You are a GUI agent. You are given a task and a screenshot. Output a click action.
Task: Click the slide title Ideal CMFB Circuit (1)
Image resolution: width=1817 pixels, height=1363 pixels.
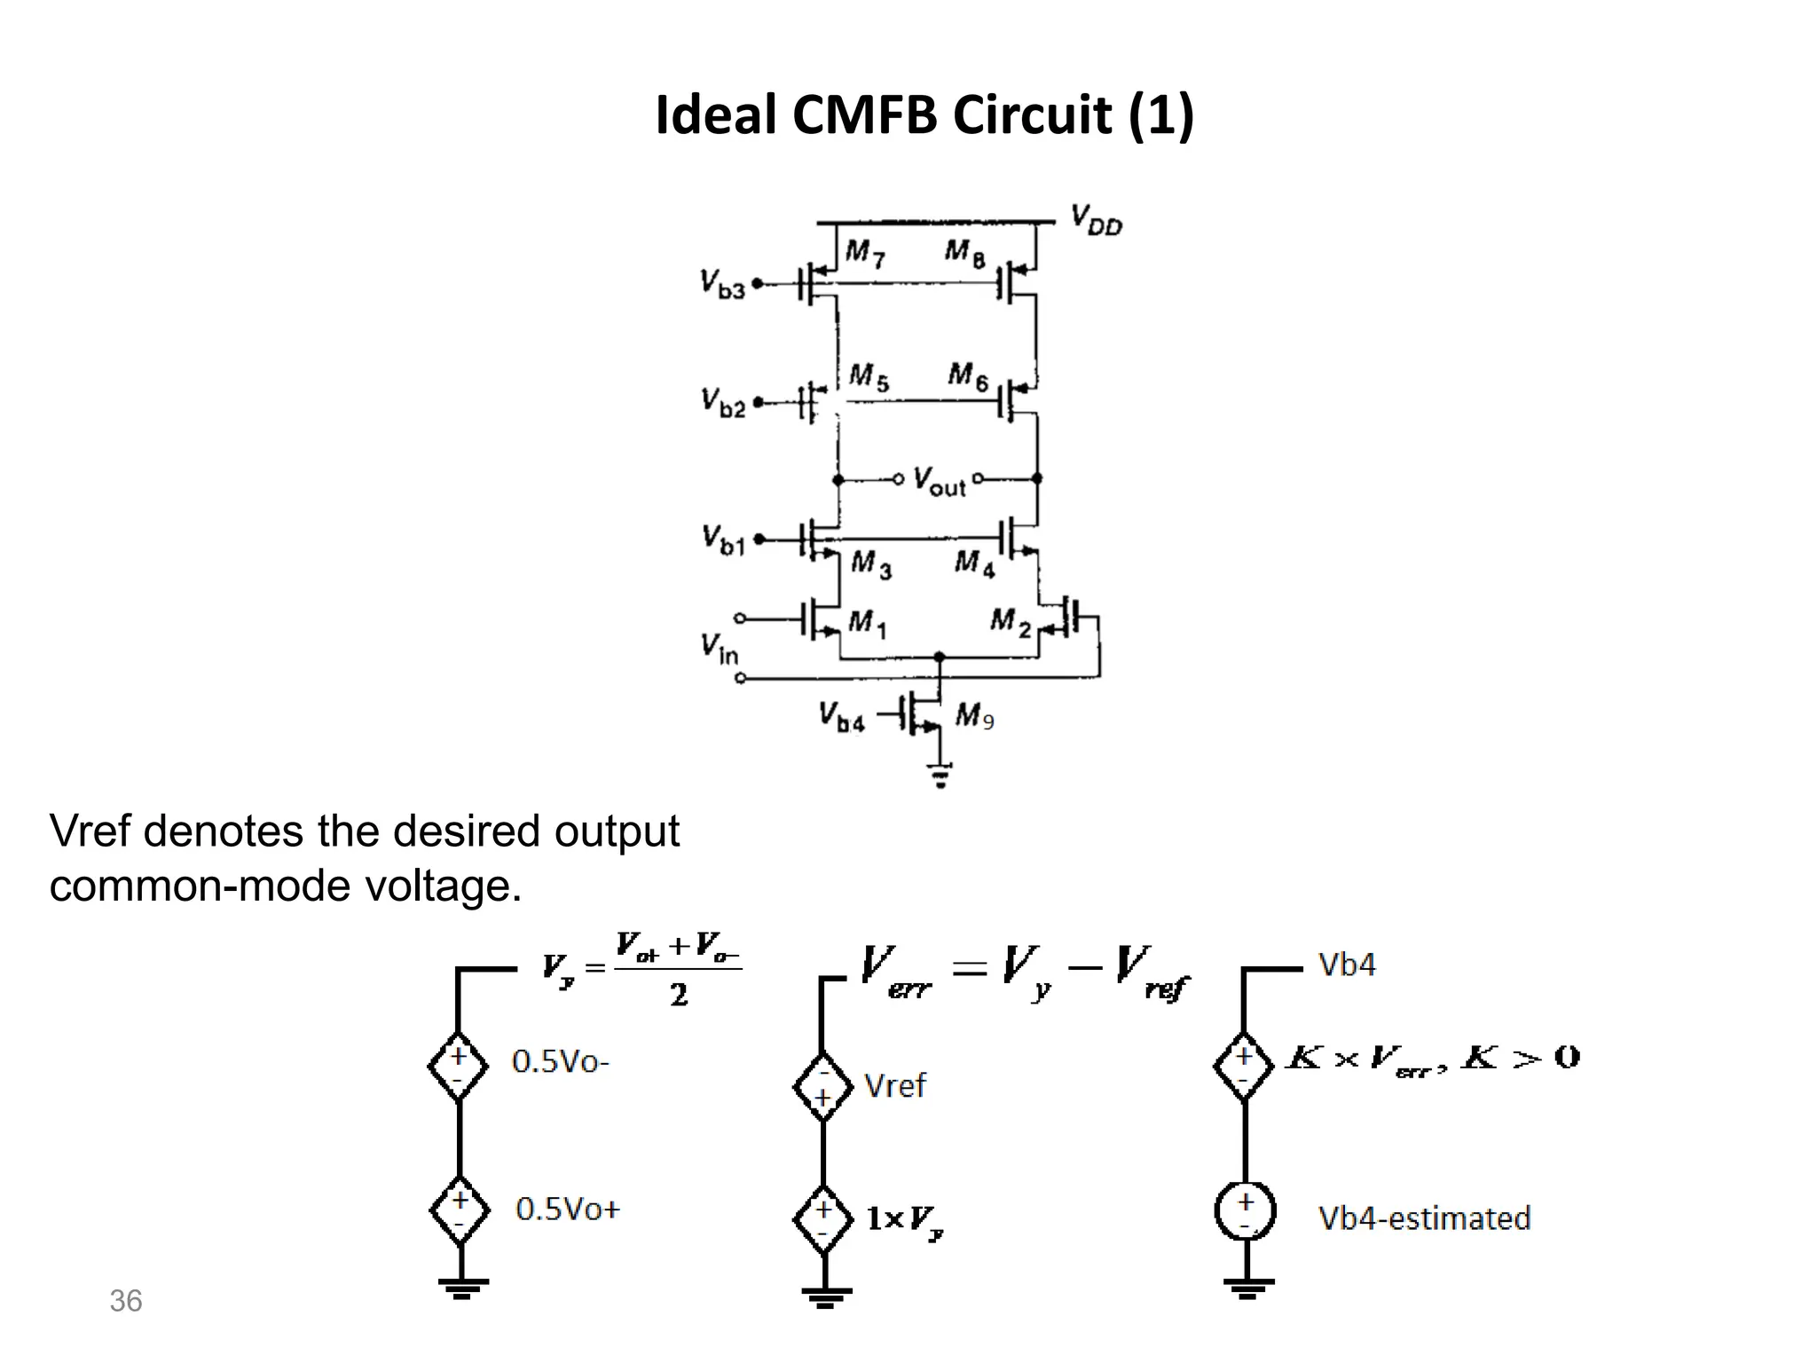coord(924,115)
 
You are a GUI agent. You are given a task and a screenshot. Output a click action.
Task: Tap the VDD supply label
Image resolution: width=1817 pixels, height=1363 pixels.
coord(1096,219)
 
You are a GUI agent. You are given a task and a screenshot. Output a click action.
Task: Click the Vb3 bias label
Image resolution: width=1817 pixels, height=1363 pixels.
coord(722,285)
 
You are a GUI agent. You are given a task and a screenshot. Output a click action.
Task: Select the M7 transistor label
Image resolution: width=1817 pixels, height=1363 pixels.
coord(864,254)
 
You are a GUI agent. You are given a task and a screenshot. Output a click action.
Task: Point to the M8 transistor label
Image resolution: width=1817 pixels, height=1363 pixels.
coord(964,253)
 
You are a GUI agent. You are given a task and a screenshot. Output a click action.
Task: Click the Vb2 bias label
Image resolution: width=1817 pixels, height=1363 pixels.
coord(723,403)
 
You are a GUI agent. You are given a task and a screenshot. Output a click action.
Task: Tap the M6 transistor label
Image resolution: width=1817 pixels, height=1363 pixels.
coord(968,376)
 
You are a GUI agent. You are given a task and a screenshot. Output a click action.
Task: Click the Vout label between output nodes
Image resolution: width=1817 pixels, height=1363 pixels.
coord(939,482)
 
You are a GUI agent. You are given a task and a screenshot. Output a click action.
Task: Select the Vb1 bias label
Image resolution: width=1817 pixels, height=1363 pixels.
coord(723,540)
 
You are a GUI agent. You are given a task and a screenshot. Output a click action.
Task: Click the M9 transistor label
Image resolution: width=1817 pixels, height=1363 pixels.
coord(974,715)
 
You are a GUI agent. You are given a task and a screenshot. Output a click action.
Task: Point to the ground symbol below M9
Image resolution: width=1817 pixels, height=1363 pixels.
coord(940,776)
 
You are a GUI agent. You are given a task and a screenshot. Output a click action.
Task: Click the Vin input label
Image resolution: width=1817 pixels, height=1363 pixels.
coord(719,648)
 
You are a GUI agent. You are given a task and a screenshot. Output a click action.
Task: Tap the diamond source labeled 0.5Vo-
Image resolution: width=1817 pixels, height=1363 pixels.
coord(458,1066)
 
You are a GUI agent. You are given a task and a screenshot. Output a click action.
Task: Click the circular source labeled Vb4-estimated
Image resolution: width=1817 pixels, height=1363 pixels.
coord(1245,1211)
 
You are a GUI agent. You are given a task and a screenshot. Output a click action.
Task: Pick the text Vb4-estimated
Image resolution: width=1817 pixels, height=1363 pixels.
coord(1424,1218)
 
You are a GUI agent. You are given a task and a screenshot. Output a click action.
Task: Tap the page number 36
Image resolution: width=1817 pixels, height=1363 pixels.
coord(125,1301)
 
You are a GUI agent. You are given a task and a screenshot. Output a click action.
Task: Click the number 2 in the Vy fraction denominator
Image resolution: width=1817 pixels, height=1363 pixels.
coord(679,996)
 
